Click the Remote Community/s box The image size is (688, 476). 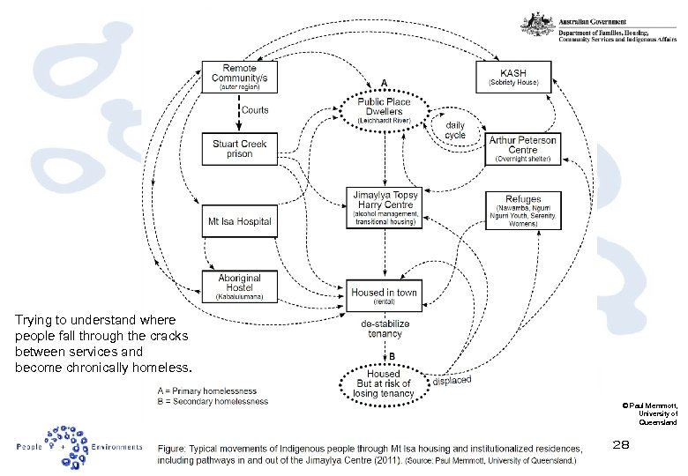239,78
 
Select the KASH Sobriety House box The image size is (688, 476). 513,77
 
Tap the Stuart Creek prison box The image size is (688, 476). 239,148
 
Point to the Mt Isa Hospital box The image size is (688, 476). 239,221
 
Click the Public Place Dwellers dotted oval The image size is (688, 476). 385,111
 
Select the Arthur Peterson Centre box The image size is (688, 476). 523,149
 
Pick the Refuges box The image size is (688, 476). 523,211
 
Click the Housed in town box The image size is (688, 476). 385,295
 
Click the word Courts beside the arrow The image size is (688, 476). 255,111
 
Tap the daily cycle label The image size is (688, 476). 455,130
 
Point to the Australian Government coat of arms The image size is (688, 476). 536,25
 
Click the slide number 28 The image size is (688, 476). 621,445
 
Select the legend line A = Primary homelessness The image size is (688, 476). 206,390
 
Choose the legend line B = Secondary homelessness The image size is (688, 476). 212,402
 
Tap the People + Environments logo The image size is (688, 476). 79,444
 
